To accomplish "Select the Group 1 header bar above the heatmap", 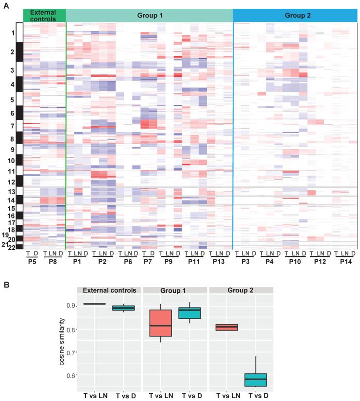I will point(149,16).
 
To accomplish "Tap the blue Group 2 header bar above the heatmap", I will point(295,16).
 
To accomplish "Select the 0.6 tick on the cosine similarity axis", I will point(69,375).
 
